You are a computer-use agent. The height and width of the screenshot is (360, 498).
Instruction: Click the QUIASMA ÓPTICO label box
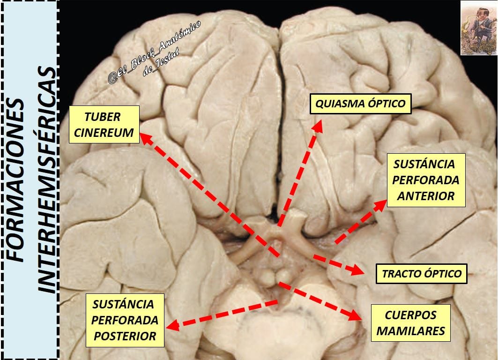coord(360,104)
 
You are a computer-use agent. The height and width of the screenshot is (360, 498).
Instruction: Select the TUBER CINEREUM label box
coord(104,124)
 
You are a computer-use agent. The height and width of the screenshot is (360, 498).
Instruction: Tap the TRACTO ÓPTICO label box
coord(422,274)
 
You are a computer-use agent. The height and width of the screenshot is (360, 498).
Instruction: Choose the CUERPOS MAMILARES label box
coord(411,323)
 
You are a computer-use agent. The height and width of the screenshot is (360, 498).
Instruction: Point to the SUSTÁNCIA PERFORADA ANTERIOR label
coord(426,180)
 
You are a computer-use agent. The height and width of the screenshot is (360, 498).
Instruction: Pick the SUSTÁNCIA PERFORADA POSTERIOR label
coord(125,320)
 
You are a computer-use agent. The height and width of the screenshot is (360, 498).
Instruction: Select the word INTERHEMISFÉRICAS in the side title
coord(48,180)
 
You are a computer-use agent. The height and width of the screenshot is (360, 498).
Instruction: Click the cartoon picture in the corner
coord(479,28)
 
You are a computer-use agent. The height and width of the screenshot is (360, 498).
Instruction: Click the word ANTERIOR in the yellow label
coord(425,196)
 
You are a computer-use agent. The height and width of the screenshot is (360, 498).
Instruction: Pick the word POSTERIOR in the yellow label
coord(125,336)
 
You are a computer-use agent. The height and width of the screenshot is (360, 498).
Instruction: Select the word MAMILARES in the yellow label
coord(411,331)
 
